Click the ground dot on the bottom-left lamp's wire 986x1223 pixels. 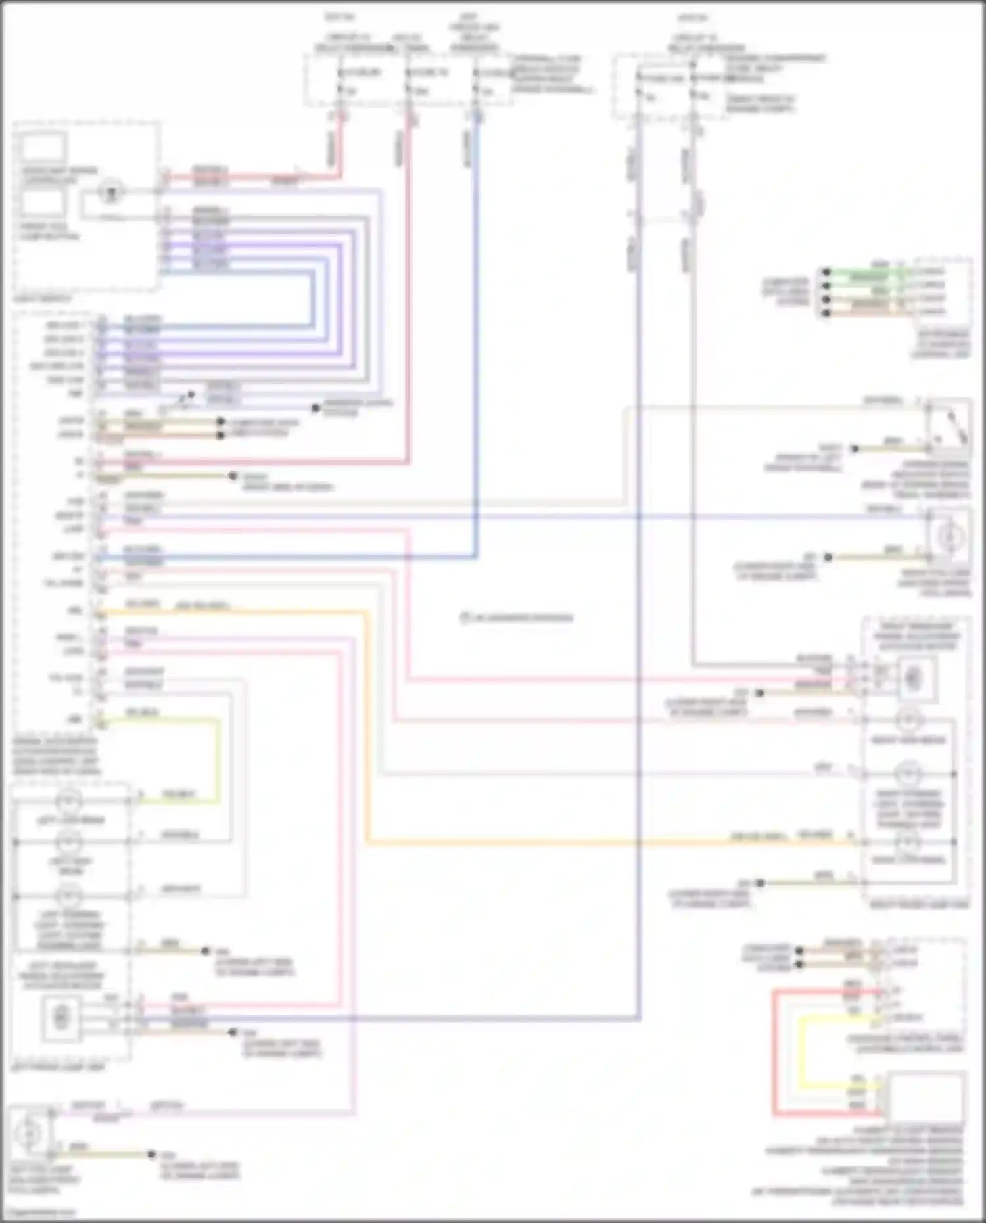click(x=151, y=1154)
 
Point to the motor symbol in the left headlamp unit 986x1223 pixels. click(x=61, y=1018)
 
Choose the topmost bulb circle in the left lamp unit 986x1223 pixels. click(x=68, y=800)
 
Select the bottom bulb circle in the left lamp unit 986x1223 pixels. click(x=68, y=895)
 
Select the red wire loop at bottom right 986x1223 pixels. click(x=776, y=1051)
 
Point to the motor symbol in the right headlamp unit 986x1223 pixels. click(x=912, y=678)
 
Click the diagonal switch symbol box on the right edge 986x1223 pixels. click(x=948, y=427)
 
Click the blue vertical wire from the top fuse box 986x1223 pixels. click(x=476, y=329)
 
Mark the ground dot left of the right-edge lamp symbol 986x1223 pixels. click(x=828, y=557)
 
